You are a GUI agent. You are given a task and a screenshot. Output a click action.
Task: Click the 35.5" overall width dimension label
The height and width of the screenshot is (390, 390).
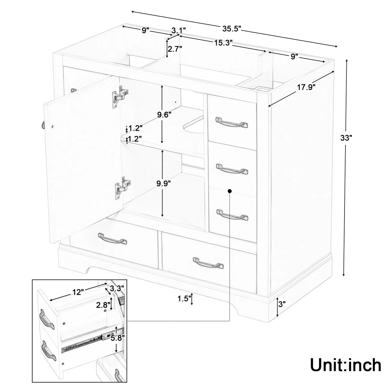pyautogui.click(x=231, y=29)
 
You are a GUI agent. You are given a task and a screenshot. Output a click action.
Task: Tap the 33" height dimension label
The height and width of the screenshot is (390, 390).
pyautogui.click(x=346, y=137)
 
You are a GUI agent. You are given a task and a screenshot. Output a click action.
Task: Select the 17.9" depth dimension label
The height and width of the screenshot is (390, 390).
pyautogui.click(x=306, y=87)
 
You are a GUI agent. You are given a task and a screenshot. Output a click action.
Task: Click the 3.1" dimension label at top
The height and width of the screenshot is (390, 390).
pyautogui.click(x=178, y=31)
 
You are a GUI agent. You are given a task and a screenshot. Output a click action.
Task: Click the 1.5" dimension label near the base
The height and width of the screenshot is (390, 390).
pyautogui.click(x=184, y=299)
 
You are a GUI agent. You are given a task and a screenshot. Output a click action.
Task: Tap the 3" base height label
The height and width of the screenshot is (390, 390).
pyautogui.click(x=282, y=305)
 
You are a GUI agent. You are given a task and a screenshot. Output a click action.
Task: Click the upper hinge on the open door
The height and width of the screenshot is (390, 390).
pyautogui.click(x=119, y=96)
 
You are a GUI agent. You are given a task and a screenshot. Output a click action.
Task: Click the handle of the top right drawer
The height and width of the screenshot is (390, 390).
pyautogui.click(x=232, y=122)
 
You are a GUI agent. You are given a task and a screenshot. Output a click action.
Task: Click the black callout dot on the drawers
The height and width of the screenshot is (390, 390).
pyautogui.click(x=230, y=191)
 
